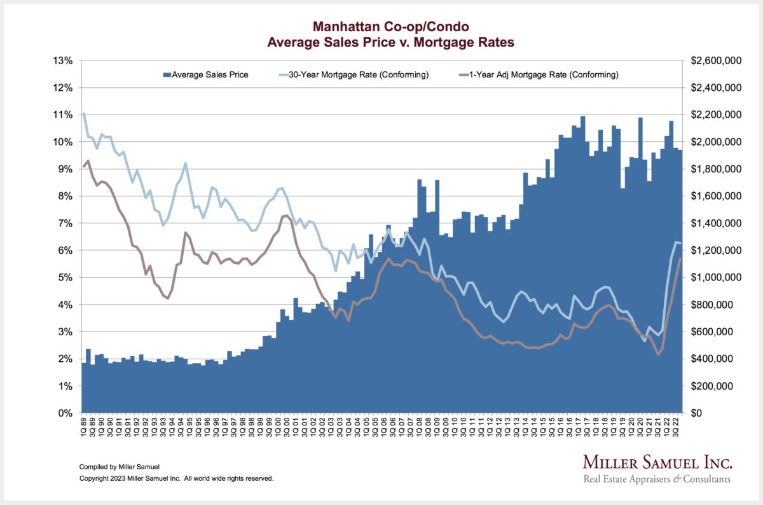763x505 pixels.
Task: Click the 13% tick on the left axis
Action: click(64, 60)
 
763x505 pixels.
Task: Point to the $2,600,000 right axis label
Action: click(716, 60)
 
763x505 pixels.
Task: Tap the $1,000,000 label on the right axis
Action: click(716, 278)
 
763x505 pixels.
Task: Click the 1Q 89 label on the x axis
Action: click(84, 429)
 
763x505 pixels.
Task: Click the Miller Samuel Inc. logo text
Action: click(657, 462)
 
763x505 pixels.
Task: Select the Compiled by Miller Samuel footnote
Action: click(120, 466)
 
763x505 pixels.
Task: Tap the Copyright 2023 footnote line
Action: click(176, 478)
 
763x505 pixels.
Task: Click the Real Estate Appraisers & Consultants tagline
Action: click(657, 479)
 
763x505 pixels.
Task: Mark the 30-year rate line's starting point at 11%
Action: click(84, 114)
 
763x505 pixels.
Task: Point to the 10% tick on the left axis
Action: click(64, 142)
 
